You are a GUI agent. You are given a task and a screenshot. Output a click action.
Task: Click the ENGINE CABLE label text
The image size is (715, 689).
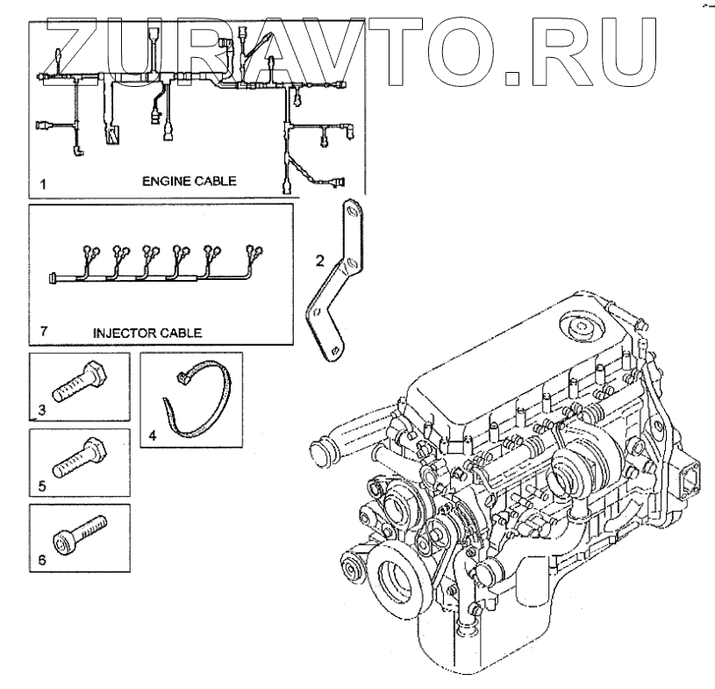coord(190,182)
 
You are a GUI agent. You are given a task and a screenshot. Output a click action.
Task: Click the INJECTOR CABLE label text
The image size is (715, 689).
coord(147,333)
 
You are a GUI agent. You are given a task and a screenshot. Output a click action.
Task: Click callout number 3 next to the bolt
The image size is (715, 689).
coord(40,408)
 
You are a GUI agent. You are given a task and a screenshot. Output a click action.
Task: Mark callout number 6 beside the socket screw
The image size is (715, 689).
coord(40,559)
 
